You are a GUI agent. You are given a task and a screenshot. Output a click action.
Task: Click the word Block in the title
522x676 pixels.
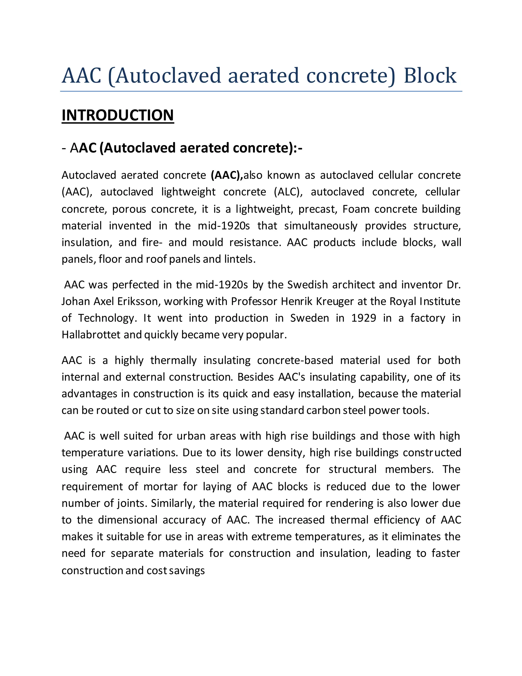pyautogui.click(x=430, y=76)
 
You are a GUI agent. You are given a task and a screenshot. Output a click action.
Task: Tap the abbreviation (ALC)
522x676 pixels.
pyautogui.click(x=288, y=192)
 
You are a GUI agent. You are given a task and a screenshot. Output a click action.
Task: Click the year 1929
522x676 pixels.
pyautogui.click(x=364, y=318)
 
